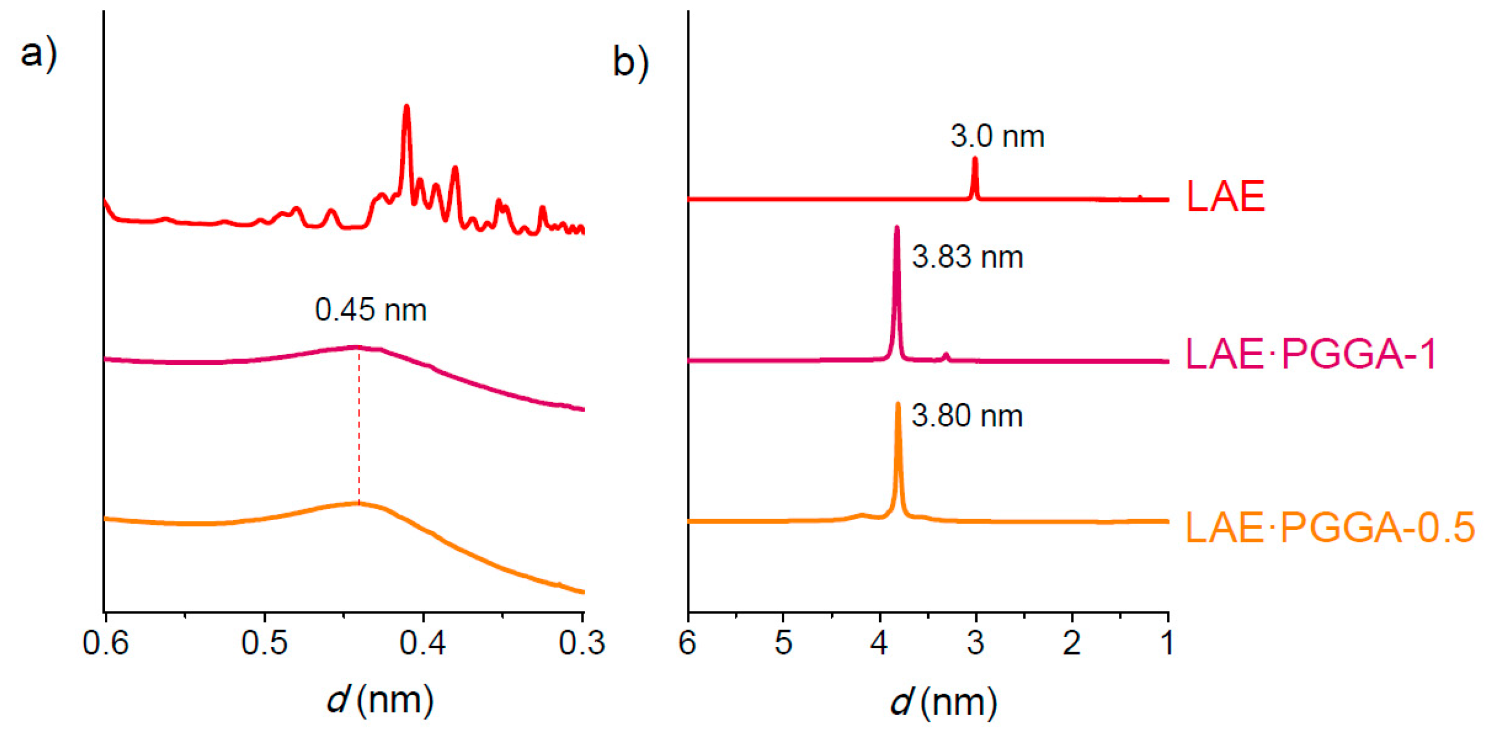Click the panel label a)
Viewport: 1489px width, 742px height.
(x=38, y=54)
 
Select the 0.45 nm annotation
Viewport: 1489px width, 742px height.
(x=371, y=310)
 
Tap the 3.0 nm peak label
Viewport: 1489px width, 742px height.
(x=997, y=137)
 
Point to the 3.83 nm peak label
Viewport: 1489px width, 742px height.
(x=967, y=257)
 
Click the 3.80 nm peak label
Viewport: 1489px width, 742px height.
(x=967, y=416)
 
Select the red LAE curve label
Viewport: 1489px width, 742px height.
(x=1225, y=197)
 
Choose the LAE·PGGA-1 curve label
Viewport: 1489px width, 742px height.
(x=1311, y=354)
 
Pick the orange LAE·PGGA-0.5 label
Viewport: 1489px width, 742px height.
(x=1330, y=527)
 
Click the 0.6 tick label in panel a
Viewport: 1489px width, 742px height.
(x=105, y=643)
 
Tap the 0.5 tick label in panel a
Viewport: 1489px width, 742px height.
(x=264, y=643)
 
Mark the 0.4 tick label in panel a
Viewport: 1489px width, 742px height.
(x=423, y=643)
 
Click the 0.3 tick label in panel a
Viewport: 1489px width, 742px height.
(x=581, y=643)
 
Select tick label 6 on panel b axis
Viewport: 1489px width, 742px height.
(x=687, y=643)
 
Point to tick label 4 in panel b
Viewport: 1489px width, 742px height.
(x=879, y=643)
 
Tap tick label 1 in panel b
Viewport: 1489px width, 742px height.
(x=1168, y=643)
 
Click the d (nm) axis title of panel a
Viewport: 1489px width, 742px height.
(x=379, y=700)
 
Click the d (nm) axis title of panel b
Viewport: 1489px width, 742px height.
(x=943, y=702)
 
